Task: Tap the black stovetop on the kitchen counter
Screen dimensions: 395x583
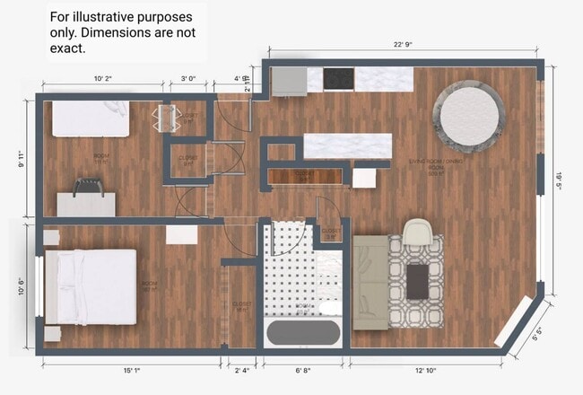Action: click(338, 79)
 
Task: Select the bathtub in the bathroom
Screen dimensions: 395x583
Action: click(303, 333)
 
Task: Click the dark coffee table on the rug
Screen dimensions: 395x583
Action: click(417, 281)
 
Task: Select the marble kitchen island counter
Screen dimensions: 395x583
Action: click(348, 145)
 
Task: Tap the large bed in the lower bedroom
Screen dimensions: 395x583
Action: click(90, 286)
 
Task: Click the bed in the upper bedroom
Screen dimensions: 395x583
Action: click(90, 118)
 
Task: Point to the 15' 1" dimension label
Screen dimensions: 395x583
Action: click(131, 370)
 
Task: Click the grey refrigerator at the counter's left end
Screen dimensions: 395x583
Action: click(289, 80)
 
